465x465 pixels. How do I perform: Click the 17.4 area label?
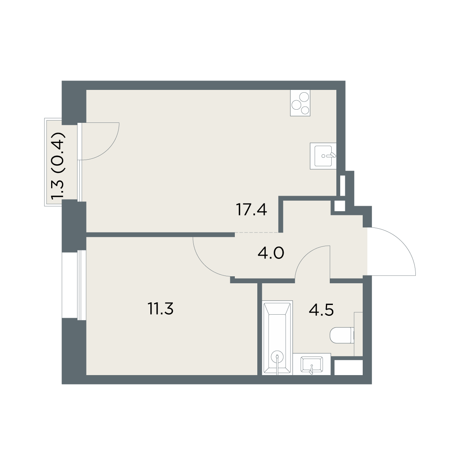[252, 209]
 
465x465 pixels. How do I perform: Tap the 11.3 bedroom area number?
[161, 309]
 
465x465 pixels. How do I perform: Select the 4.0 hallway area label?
[271, 253]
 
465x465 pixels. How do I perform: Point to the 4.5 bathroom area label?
[321, 310]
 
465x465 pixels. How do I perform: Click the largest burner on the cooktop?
[304, 97]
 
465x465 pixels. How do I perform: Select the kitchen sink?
[323, 156]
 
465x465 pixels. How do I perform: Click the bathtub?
[277, 338]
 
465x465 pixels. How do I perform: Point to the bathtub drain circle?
[277, 356]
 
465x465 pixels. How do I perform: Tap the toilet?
[342, 335]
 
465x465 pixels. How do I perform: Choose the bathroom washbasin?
[312, 365]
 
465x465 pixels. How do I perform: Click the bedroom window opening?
[74, 285]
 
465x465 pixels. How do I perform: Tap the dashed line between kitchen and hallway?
[257, 232]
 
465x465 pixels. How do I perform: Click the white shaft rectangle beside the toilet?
[348, 367]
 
